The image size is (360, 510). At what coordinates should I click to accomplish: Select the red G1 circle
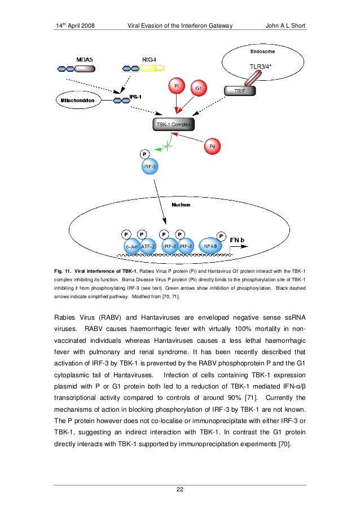199,89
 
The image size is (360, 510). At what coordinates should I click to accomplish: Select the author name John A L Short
284,26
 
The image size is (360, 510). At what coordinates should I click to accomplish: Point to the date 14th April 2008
77,26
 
